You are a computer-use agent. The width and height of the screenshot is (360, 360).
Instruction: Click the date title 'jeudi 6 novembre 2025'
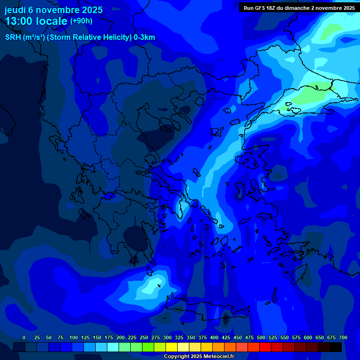click(53, 10)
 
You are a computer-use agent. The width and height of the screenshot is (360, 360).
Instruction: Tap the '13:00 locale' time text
click(36, 21)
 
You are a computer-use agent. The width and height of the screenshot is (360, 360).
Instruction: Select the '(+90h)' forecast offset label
click(81, 21)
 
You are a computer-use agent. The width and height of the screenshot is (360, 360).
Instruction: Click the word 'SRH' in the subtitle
click(13, 37)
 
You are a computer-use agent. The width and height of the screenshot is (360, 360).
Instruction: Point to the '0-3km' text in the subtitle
click(144, 37)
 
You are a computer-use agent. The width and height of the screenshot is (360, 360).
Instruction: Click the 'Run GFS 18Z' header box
click(299, 7)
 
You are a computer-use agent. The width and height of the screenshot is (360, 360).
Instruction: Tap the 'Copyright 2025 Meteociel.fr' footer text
click(199, 357)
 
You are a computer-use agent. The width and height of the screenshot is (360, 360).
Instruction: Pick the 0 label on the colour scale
click(24, 338)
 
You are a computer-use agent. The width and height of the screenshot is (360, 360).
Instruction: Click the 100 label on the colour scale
click(74, 338)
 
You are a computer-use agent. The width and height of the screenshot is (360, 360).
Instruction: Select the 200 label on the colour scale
click(120, 338)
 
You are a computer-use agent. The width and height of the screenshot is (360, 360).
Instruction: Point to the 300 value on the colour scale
click(167, 338)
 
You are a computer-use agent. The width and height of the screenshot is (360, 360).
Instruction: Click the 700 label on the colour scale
click(343, 338)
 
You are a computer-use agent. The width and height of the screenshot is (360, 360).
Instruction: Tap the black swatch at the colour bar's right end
click(336, 347)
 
